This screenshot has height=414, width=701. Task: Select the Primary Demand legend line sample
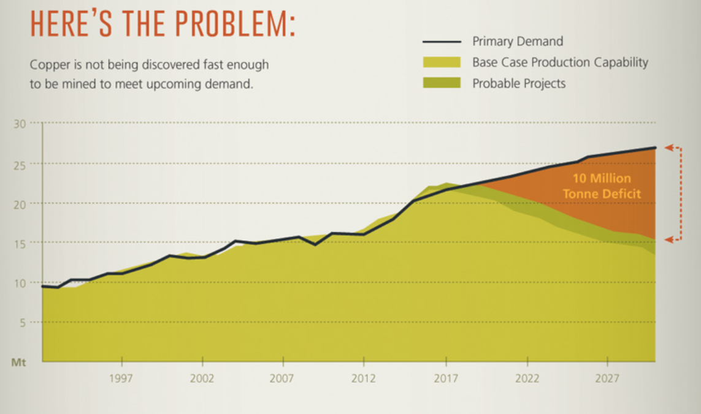[x=442, y=42]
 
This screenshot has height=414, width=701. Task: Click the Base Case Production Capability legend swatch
[x=442, y=62]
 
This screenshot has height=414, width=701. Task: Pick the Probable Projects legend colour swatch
[x=442, y=83]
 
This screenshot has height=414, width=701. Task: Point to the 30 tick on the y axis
[x=20, y=123]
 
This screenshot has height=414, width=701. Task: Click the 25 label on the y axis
[x=20, y=166]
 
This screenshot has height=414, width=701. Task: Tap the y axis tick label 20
[x=20, y=205]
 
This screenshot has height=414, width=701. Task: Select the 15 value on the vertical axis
[x=20, y=244]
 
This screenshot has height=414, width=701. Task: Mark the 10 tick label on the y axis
[x=20, y=283]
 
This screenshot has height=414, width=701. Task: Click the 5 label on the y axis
[x=23, y=323]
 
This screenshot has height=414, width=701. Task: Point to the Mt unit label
[x=18, y=362]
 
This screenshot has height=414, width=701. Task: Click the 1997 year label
[x=121, y=378]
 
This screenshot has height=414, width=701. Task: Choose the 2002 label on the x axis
[x=202, y=378]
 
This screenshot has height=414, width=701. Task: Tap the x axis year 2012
[x=364, y=378]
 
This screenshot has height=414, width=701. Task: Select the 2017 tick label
[x=446, y=378]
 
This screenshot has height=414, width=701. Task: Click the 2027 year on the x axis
[x=607, y=378]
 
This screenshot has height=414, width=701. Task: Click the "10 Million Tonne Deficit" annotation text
[x=602, y=186]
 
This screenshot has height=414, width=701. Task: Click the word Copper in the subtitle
[x=50, y=65]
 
